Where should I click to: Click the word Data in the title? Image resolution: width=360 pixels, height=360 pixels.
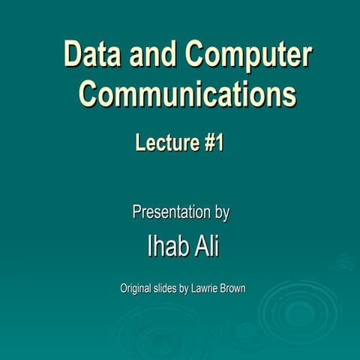click(x=91, y=55)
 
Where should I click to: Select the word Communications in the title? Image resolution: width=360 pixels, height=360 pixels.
click(x=187, y=95)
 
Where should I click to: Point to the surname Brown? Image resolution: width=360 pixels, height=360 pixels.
click(x=232, y=287)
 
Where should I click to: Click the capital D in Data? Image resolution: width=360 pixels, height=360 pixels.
click(x=73, y=55)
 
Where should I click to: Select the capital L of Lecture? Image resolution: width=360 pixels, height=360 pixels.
click(x=140, y=142)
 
